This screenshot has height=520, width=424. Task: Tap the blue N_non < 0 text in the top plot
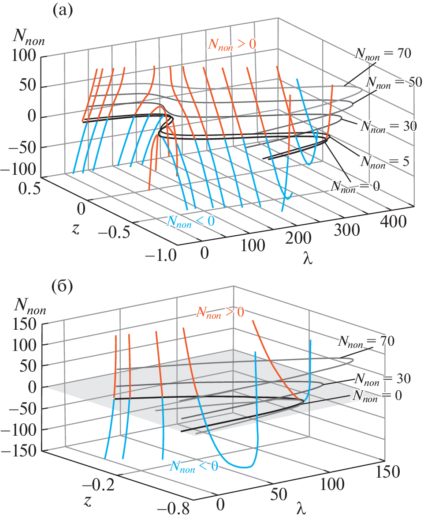point(190,221)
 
